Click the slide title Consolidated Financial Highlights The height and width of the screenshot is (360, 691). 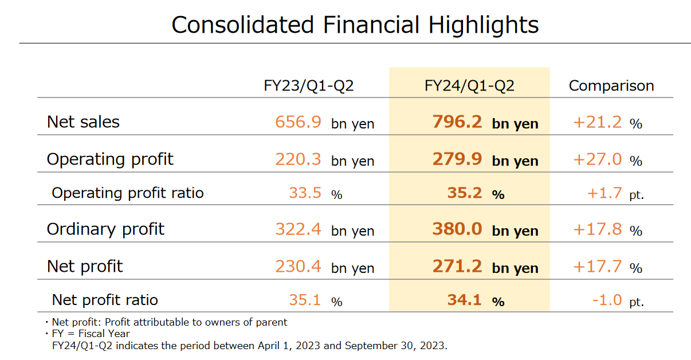pyautogui.click(x=355, y=25)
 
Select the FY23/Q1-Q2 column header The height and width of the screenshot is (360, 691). pyautogui.click(x=308, y=86)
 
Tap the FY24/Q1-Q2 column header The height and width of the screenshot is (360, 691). pyautogui.click(x=469, y=86)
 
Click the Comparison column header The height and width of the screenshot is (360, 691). pyautogui.click(x=611, y=86)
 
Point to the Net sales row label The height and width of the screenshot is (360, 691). pyautogui.click(x=83, y=122)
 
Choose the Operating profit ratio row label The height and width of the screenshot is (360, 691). pyautogui.click(x=128, y=193)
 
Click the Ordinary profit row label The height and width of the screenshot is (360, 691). pyautogui.click(x=105, y=229)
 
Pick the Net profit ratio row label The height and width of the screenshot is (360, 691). pyautogui.click(x=105, y=300)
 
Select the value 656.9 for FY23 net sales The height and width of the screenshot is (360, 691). pyautogui.click(x=298, y=122)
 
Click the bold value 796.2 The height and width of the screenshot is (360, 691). pyautogui.click(x=457, y=122)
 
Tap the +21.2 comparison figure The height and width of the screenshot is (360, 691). pyautogui.click(x=598, y=122)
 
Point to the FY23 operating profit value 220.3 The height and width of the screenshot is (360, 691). pyautogui.click(x=298, y=159)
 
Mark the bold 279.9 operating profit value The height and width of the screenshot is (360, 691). pyautogui.click(x=457, y=159)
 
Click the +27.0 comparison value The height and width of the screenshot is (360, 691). pyautogui.click(x=598, y=159)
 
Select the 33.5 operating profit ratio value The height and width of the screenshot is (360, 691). pyautogui.click(x=305, y=193)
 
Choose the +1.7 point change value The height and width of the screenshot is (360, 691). pyautogui.click(x=604, y=193)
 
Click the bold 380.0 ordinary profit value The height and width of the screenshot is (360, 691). pyautogui.click(x=457, y=229)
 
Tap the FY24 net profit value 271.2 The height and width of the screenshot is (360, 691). pyautogui.click(x=457, y=267)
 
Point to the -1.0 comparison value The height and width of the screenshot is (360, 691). pyautogui.click(x=606, y=300)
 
